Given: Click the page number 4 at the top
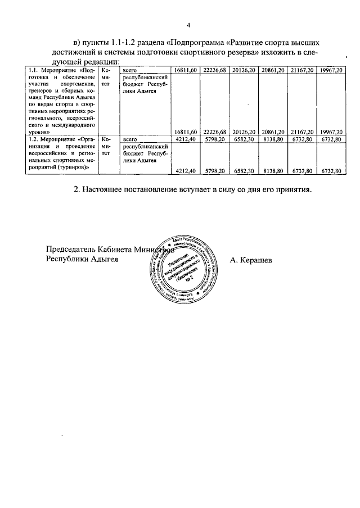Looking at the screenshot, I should pos(188,25).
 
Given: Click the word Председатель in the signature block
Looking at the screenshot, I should pos(71,250).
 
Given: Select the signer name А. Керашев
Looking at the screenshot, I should pos(251,260).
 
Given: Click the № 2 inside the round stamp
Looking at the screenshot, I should pos(188,279).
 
